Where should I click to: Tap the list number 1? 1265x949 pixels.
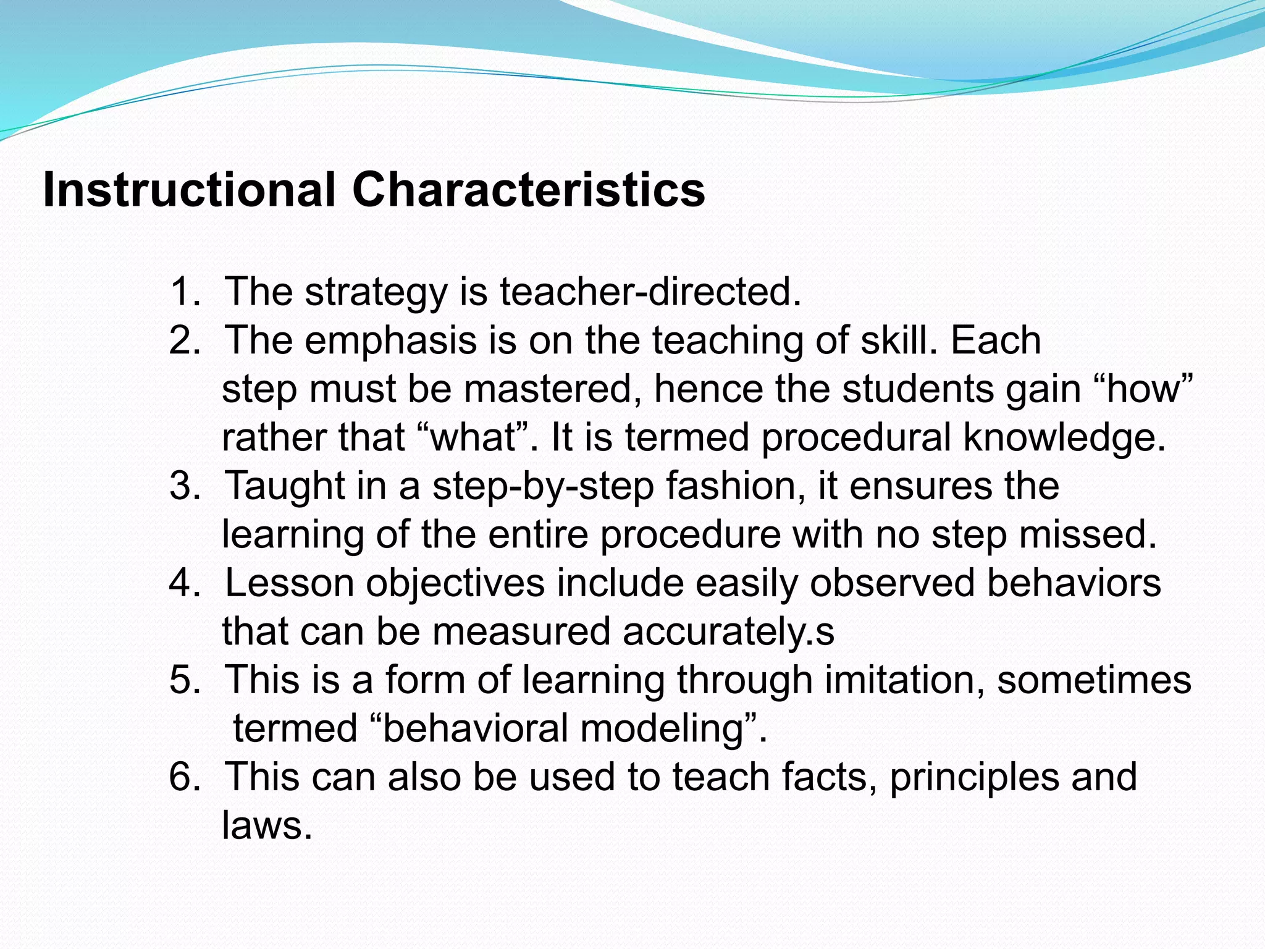(184, 292)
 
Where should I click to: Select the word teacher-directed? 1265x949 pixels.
(650, 292)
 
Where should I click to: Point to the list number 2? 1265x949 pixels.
(184, 340)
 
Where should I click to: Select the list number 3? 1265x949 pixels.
(184, 486)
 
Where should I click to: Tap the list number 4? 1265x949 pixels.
(184, 583)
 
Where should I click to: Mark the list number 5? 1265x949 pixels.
(184, 680)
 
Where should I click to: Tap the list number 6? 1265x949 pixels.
(184, 777)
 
